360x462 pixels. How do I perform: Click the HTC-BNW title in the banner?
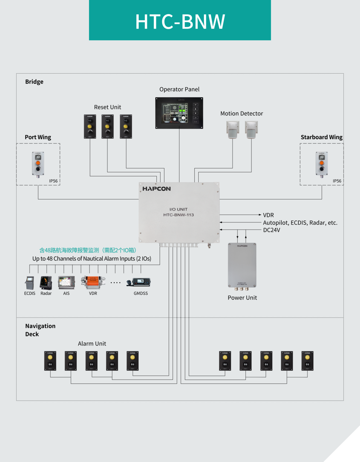point(180,22)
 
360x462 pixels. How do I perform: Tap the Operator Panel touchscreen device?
point(179,113)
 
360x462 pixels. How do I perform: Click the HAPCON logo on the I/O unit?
point(157,189)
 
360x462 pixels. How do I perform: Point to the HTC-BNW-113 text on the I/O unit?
point(178,215)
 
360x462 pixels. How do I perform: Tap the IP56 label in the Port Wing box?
point(53,181)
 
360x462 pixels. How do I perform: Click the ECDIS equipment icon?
point(30,283)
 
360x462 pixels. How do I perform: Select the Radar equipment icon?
point(46,283)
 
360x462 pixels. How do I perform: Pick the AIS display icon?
point(67,282)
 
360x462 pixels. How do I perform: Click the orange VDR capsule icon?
point(93,282)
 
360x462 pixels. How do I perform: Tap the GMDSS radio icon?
point(139,282)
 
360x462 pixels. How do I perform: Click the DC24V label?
point(272,230)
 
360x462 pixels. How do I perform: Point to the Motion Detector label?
point(242,114)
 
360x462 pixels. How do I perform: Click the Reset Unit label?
point(108,107)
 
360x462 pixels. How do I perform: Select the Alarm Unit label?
point(92,344)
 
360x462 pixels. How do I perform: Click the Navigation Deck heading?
point(40,330)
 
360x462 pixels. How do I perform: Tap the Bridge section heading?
point(34,82)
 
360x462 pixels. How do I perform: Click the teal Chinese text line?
point(88,250)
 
